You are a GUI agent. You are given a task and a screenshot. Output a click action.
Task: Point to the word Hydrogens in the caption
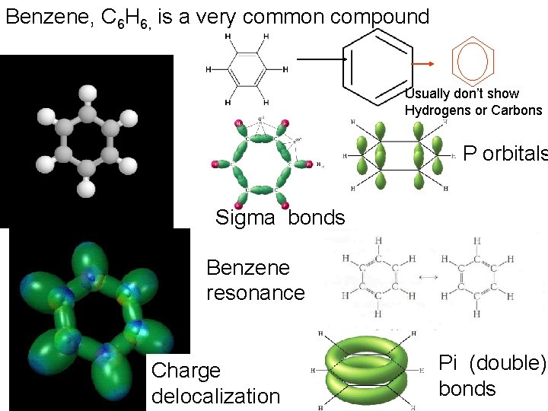click(x=436, y=110)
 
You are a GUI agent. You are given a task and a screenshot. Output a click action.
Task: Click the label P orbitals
click(x=505, y=154)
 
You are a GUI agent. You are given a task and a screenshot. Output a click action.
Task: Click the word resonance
click(x=255, y=293)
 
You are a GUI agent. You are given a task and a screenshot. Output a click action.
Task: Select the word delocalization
click(x=215, y=397)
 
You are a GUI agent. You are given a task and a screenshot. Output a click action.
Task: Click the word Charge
click(x=186, y=371)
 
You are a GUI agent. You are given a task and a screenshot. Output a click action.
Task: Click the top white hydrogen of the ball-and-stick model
click(x=88, y=94)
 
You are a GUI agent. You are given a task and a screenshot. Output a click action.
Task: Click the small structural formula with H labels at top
click(x=246, y=69)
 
